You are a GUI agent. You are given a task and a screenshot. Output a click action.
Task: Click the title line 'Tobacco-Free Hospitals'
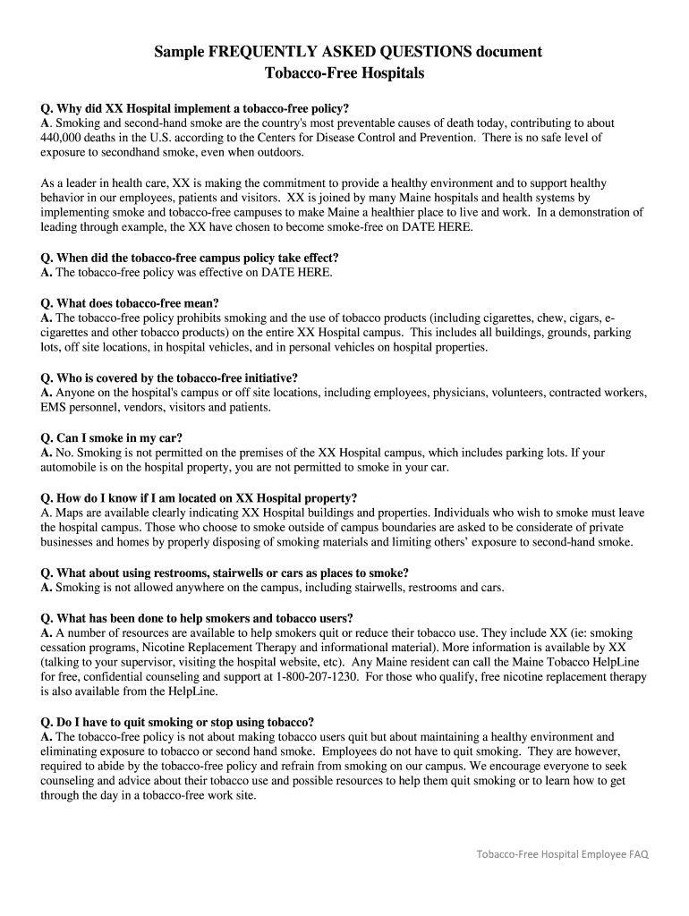click(344, 72)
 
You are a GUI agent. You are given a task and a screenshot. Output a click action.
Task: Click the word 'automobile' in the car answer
click(71, 467)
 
